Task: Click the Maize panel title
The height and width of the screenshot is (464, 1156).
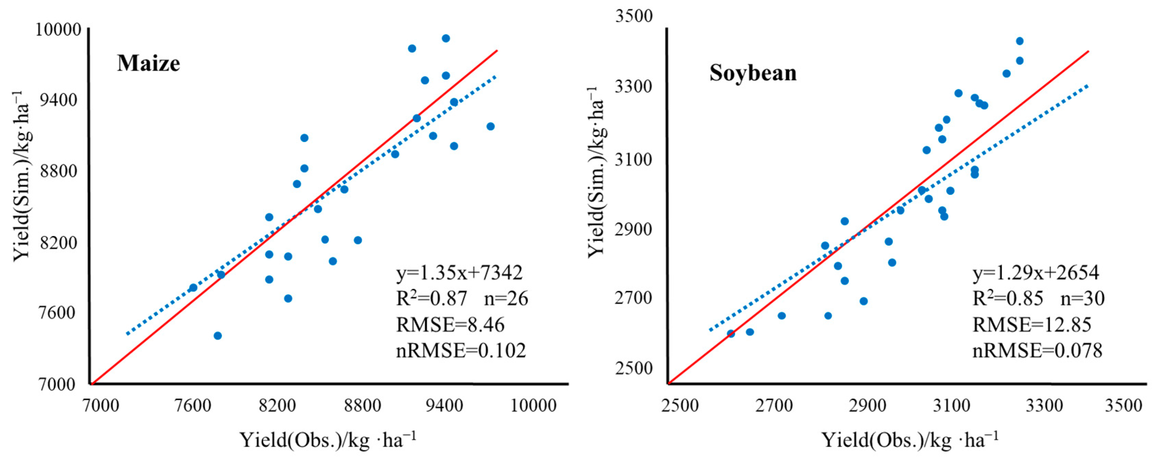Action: click(x=148, y=63)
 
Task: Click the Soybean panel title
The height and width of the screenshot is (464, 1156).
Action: click(x=753, y=73)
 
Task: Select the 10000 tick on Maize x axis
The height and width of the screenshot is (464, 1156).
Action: click(x=534, y=406)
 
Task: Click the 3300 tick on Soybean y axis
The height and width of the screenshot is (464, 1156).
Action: click(x=633, y=86)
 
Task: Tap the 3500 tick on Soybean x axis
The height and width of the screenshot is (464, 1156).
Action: click(x=1123, y=406)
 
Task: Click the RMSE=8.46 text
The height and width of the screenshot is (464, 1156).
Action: click(x=450, y=324)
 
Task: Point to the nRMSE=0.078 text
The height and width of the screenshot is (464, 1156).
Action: click(x=1037, y=350)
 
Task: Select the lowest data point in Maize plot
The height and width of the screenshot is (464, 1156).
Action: click(x=218, y=336)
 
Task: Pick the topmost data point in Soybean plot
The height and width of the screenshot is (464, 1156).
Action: click(x=1020, y=41)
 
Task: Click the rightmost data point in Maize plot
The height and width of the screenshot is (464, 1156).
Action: click(x=490, y=127)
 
